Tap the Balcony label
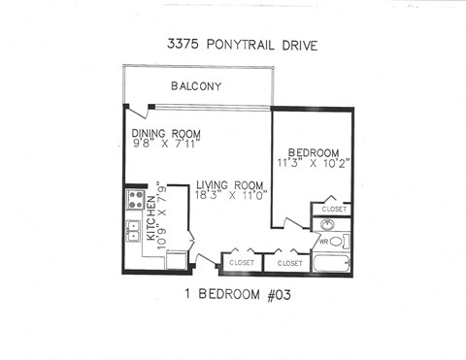[x=196, y=86]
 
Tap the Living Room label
[x=231, y=186]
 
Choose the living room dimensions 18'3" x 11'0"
[x=231, y=198]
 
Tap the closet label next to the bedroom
[x=334, y=209]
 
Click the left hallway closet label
[x=241, y=262]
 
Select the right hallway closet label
[x=290, y=262]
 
